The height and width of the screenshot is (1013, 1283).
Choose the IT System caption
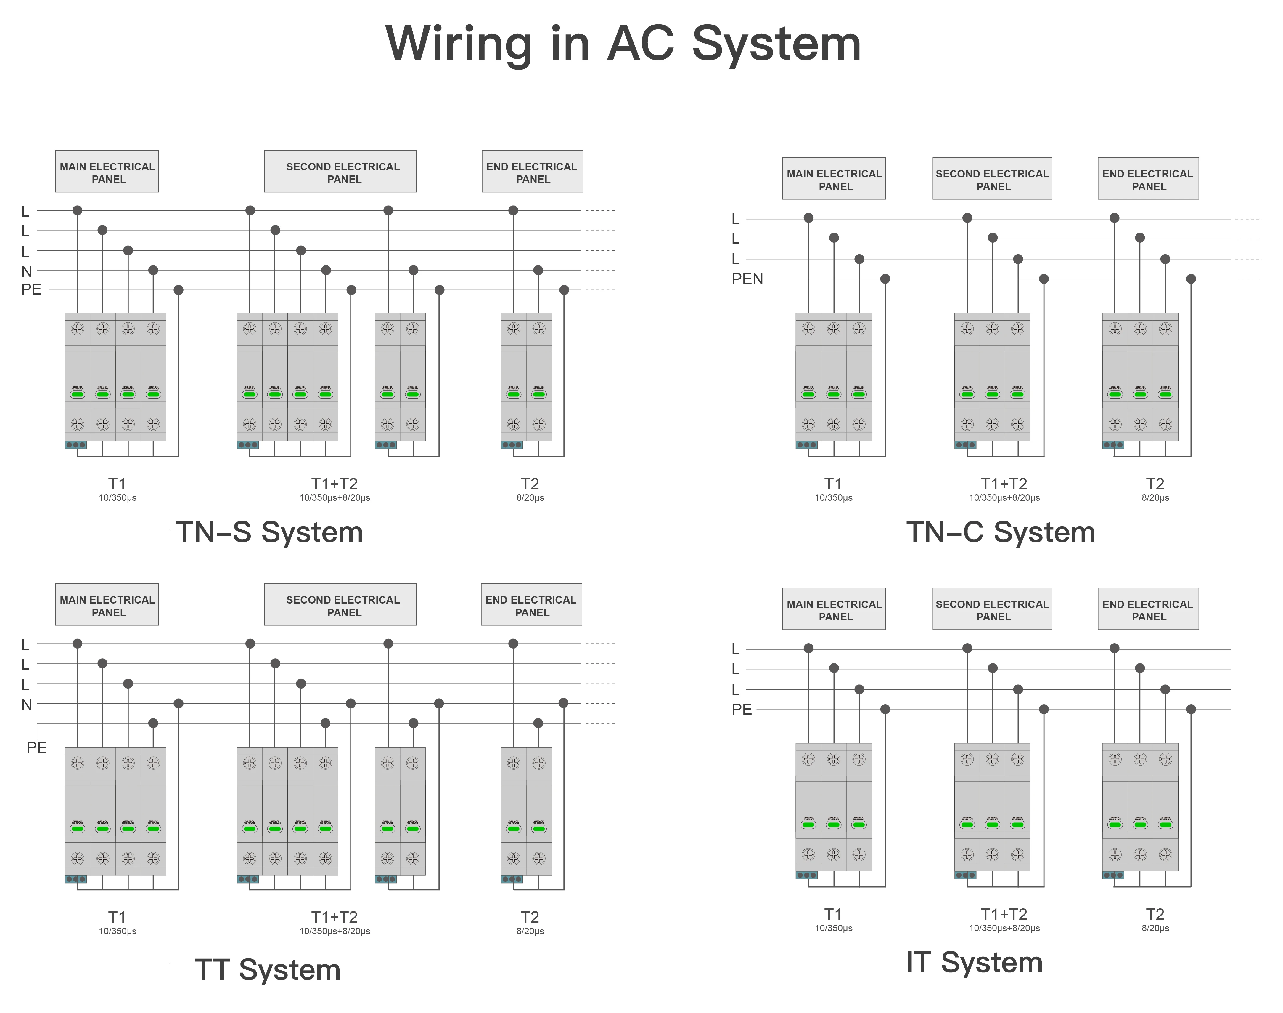[x=974, y=962]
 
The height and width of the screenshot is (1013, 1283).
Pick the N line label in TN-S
[x=27, y=272]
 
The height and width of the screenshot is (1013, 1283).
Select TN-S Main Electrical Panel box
[x=107, y=172]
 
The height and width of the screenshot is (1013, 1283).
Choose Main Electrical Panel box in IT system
[x=834, y=609]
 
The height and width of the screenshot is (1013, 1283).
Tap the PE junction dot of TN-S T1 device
[x=179, y=290]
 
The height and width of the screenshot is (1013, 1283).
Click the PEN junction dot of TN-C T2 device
[x=1191, y=279]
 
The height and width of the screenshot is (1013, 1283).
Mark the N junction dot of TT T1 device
[x=179, y=703]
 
